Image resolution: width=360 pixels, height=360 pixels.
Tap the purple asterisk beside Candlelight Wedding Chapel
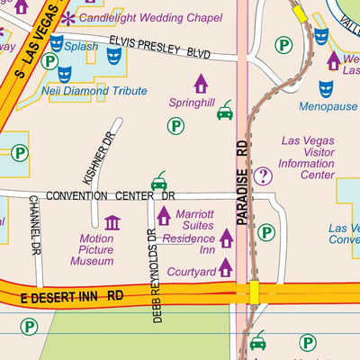coord(68,18)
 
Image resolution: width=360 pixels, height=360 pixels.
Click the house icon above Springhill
coord(201,84)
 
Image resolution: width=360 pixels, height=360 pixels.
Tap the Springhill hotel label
coord(192,103)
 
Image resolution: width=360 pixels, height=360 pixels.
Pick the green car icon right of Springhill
coord(225,111)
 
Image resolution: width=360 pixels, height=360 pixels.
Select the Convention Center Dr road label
coord(110,195)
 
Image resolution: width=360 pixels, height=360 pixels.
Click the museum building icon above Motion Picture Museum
coord(112,222)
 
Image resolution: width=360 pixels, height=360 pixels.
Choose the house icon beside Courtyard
coord(226,267)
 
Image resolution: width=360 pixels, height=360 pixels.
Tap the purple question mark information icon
coord(263,176)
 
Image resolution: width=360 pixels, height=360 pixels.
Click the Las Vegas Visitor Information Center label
coord(307,157)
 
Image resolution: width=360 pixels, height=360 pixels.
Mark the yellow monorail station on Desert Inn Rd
coord(255,292)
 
